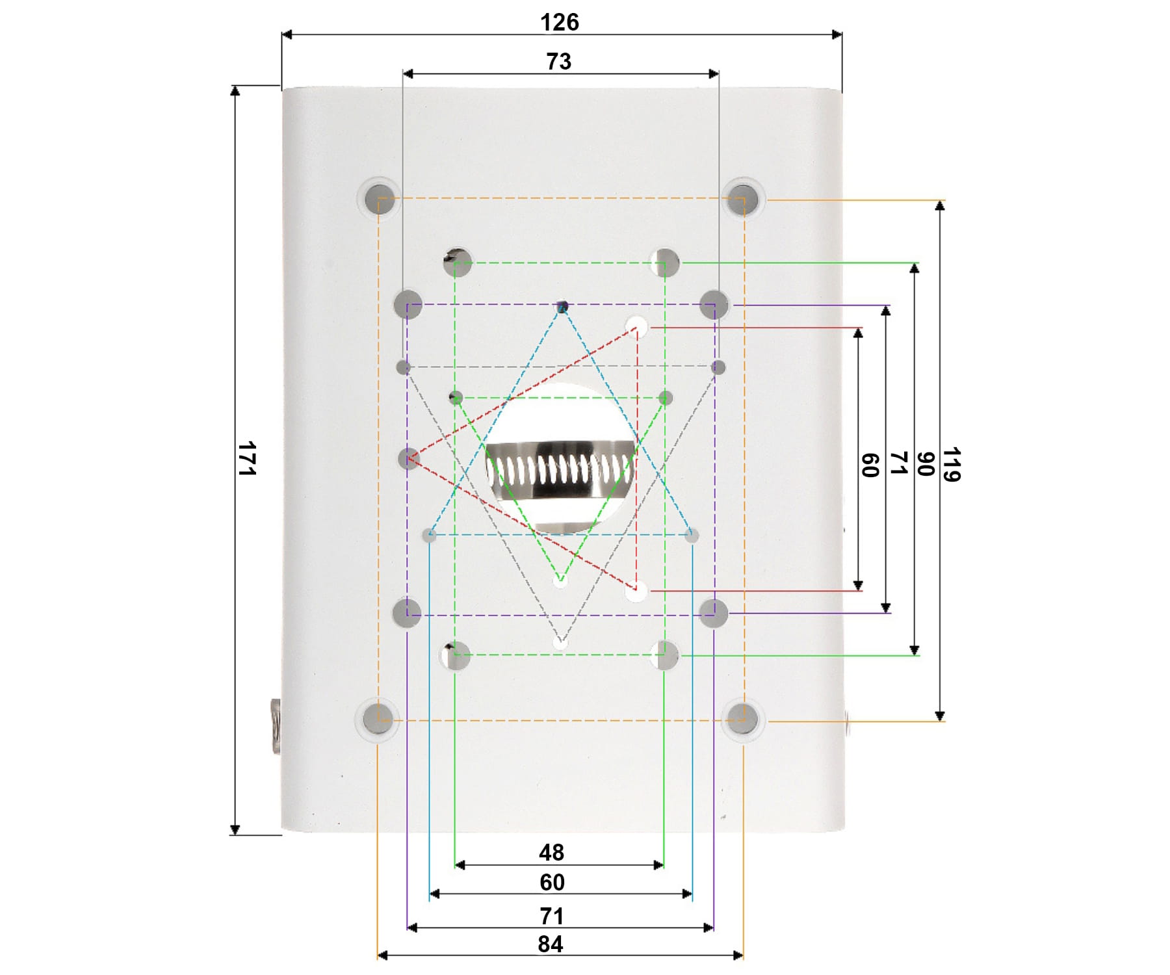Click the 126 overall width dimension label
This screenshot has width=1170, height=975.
pyautogui.click(x=559, y=22)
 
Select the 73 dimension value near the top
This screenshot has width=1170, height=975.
pyautogui.click(x=558, y=61)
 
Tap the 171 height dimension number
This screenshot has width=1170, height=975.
pyautogui.click(x=247, y=458)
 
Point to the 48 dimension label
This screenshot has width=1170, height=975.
pyautogui.click(x=551, y=852)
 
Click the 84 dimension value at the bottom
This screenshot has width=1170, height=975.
pyautogui.click(x=551, y=944)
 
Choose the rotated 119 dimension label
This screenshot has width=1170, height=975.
pyautogui.click(x=951, y=464)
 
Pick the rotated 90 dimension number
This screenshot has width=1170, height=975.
pyautogui.click(x=925, y=464)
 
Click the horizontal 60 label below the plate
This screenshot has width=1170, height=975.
pyautogui.click(x=552, y=882)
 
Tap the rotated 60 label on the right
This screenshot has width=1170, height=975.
pyautogui.click(x=870, y=465)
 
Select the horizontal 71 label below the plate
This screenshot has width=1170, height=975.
pyautogui.click(x=551, y=916)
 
